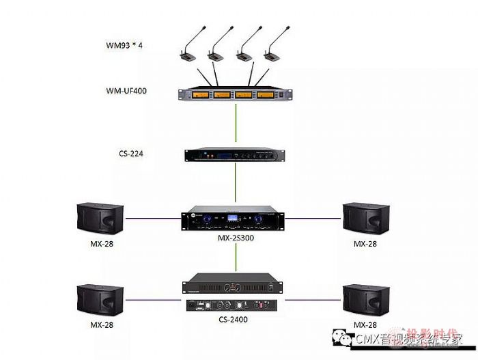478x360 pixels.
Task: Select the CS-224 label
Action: (130, 154)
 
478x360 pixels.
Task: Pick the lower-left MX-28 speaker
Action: (100, 299)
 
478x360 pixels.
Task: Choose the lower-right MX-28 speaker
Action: (367, 299)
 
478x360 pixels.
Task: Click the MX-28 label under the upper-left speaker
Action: (100, 244)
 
